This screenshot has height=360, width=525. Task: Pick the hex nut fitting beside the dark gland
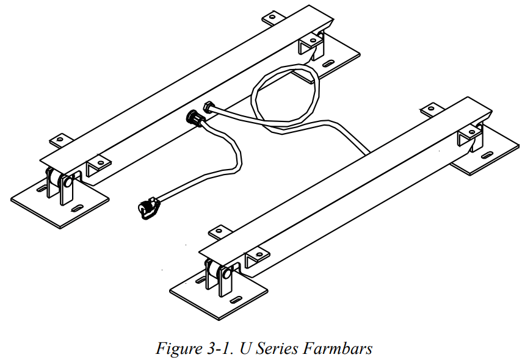(x=209, y=108)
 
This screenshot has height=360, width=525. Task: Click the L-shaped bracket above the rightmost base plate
(x=470, y=137)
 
